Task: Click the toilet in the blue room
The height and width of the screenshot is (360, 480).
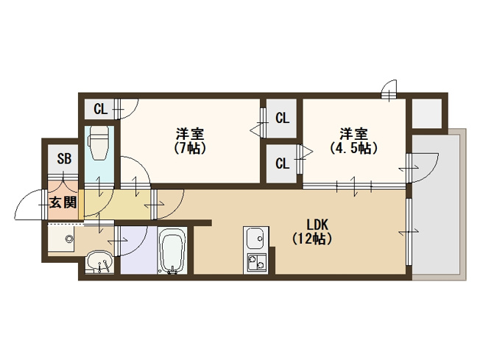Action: pos(99,144)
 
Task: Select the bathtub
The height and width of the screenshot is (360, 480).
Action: pos(173,251)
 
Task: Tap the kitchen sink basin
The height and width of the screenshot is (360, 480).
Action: pos(256,239)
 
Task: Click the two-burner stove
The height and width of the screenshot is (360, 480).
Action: pos(256,263)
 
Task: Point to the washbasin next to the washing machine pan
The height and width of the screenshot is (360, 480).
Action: pos(99,261)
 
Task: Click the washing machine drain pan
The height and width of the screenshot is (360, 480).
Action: pos(62,239)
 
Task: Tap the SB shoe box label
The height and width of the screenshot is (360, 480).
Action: pos(64,159)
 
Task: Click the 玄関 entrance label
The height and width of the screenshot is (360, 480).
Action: pos(63,202)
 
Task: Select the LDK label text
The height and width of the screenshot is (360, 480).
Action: pos(317,225)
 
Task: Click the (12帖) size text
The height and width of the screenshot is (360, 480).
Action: pos(312,239)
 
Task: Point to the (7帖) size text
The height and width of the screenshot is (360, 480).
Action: pos(190,149)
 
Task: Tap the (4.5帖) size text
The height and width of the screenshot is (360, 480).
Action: pos(354,148)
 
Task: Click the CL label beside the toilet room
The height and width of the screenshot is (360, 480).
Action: pos(101,109)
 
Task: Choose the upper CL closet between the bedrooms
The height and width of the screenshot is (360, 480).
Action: pos(282,119)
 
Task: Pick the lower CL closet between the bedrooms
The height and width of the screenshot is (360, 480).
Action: pos(282,163)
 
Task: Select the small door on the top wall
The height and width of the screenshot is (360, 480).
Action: pos(389,89)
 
